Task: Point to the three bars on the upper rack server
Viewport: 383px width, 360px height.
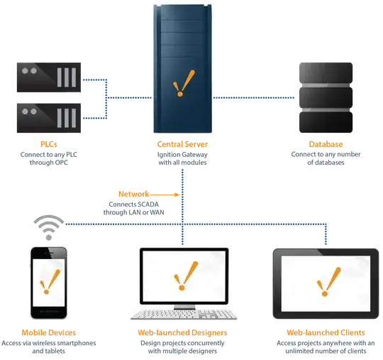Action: click(65, 77)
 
